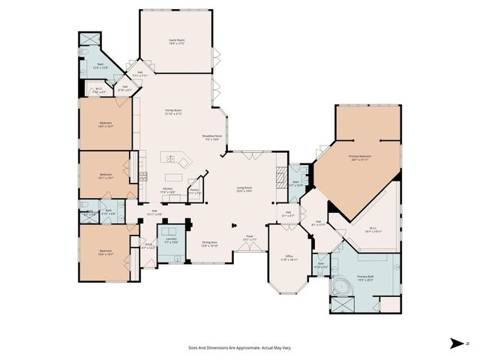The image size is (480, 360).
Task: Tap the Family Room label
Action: (173, 112)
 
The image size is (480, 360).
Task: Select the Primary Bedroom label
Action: (359, 157)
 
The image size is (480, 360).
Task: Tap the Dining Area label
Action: (209, 244)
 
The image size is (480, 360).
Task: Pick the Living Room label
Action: (244, 189)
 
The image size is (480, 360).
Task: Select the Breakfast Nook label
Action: (211, 137)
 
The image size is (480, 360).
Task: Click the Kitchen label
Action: (169, 190)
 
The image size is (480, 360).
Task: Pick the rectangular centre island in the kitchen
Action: (176, 160)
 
